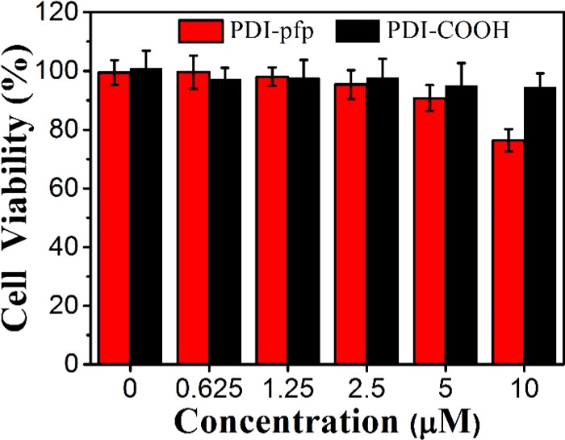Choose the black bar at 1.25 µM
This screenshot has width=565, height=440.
click(303, 221)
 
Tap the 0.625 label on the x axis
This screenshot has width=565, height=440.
click(208, 391)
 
